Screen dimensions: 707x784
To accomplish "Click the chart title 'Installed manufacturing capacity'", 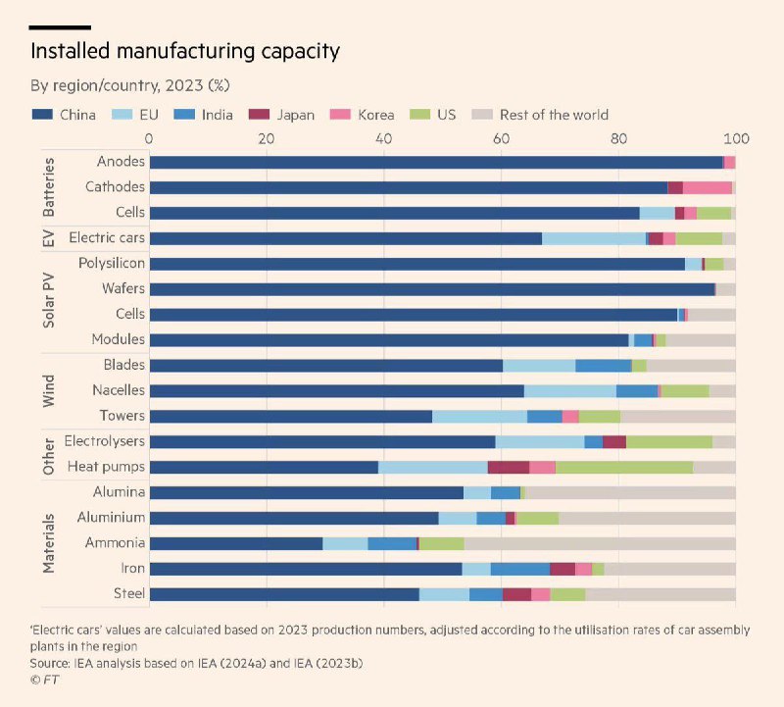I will click(185, 50).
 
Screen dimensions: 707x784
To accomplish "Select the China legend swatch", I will click(42, 115).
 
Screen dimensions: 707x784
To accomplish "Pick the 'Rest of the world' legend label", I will click(554, 115).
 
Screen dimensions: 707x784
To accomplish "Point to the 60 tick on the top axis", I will click(501, 138).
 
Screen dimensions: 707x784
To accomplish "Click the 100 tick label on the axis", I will click(735, 138).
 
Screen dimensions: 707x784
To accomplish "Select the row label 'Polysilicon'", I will click(112, 263).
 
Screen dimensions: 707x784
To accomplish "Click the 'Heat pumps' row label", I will click(106, 467).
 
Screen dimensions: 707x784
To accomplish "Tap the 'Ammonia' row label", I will click(116, 543).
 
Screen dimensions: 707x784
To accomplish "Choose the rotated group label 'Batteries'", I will click(50, 186).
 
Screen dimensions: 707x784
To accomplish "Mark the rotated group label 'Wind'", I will click(50, 390).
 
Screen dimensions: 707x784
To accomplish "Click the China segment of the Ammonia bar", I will click(235, 543).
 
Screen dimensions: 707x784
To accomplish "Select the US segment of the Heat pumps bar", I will click(623, 467).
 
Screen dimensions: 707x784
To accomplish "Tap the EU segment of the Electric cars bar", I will click(593, 237).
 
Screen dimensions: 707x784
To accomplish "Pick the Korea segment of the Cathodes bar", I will click(707, 186).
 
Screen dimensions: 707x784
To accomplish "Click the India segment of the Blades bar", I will click(603, 365).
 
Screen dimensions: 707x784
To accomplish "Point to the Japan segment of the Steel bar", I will click(516, 594).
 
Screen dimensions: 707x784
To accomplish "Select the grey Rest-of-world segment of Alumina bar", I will click(630, 492).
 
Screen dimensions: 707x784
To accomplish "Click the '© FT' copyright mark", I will click(43, 679).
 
